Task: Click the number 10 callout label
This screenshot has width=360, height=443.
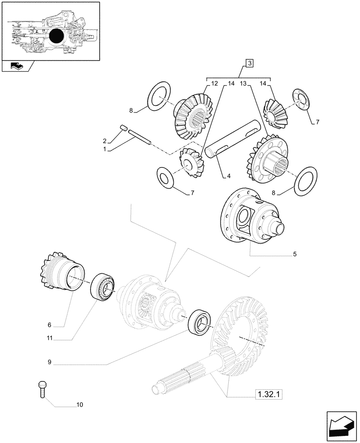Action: coord(79,404)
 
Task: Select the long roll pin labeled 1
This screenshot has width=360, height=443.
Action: coord(140,136)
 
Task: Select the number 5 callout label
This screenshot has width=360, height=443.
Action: coord(295,254)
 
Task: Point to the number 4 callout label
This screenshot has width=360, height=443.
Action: coord(229,176)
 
